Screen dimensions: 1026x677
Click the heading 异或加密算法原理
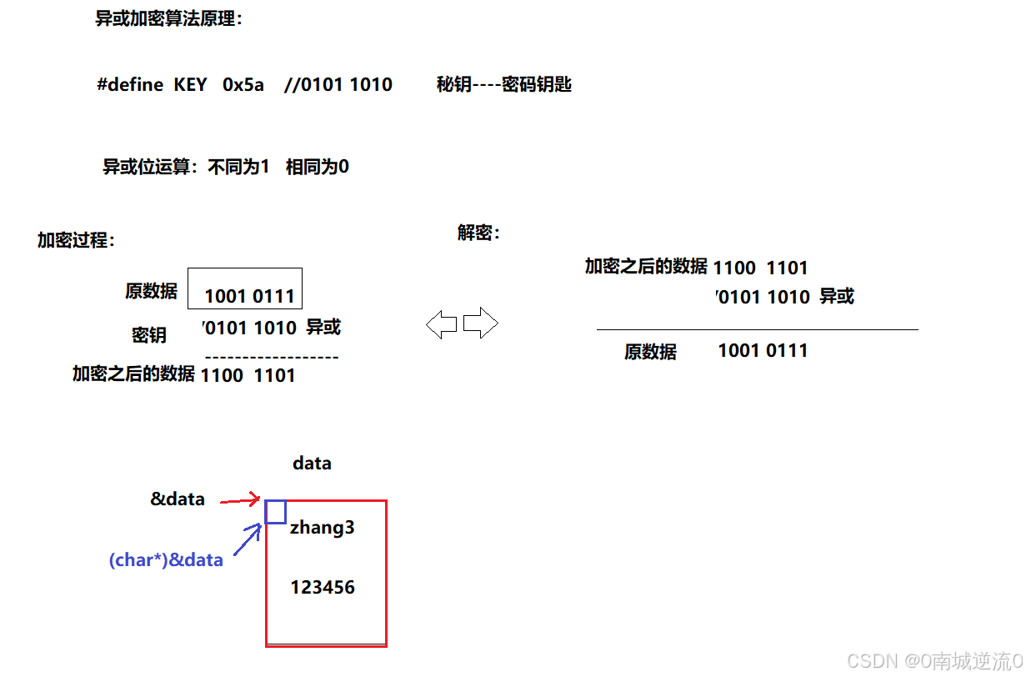[x=168, y=19]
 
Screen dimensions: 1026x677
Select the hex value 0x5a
[x=243, y=85]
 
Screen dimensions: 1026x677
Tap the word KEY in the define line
[x=190, y=85]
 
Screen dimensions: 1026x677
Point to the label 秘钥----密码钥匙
[x=504, y=85]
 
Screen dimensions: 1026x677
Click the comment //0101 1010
[x=338, y=85]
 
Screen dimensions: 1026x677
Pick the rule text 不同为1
[x=238, y=167]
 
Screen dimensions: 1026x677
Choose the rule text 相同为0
[x=317, y=167]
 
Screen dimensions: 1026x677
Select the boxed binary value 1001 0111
[x=249, y=296]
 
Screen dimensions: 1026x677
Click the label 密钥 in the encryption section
[x=149, y=335]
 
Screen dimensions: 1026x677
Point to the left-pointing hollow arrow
[x=441, y=323]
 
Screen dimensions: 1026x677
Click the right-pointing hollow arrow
[x=480, y=323]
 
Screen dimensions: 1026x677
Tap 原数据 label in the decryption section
[x=650, y=352]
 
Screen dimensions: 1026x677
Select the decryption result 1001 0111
[x=763, y=351]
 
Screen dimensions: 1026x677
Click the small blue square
[x=276, y=511]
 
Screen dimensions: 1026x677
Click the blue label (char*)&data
[x=166, y=560]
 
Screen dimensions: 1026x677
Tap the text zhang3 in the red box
[x=323, y=528]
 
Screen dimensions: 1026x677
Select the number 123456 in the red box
[x=323, y=588]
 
